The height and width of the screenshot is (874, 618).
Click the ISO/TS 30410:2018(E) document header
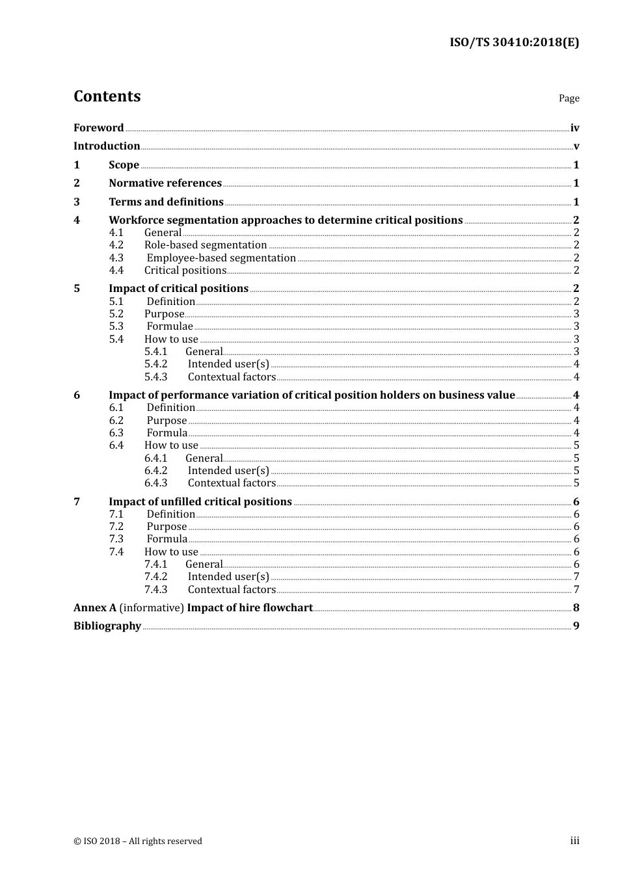pos(514,42)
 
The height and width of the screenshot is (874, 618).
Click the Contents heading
pos(107,96)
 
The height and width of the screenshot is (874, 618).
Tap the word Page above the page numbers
pos(569,98)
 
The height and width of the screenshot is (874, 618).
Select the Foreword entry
pos(99,127)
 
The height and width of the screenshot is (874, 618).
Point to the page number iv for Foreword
pos(574,128)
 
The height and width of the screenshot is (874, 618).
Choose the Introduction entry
pos(107,146)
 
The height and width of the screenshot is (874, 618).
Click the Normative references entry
pos(165,183)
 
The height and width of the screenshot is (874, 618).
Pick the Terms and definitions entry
pos(166,202)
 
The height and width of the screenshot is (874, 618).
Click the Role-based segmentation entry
pos(206,245)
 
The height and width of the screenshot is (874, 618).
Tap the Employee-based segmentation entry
pos(221,258)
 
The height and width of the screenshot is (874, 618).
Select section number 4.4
pos(116,271)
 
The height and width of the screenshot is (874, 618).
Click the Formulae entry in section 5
pos(170,326)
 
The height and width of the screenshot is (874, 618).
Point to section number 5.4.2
pos(156,364)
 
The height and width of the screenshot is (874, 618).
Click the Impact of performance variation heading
pos(312,395)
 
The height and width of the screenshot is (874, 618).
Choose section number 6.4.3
pos(156,483)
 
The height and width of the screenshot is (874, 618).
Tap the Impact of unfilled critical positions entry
pos(200,501)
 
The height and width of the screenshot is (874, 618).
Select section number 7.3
pos(116,539)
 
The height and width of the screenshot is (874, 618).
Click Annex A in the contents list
pos(95,607)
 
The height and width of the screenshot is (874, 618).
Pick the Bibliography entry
pos(107,626)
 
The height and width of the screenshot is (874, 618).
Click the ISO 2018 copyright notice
pos(138,841)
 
